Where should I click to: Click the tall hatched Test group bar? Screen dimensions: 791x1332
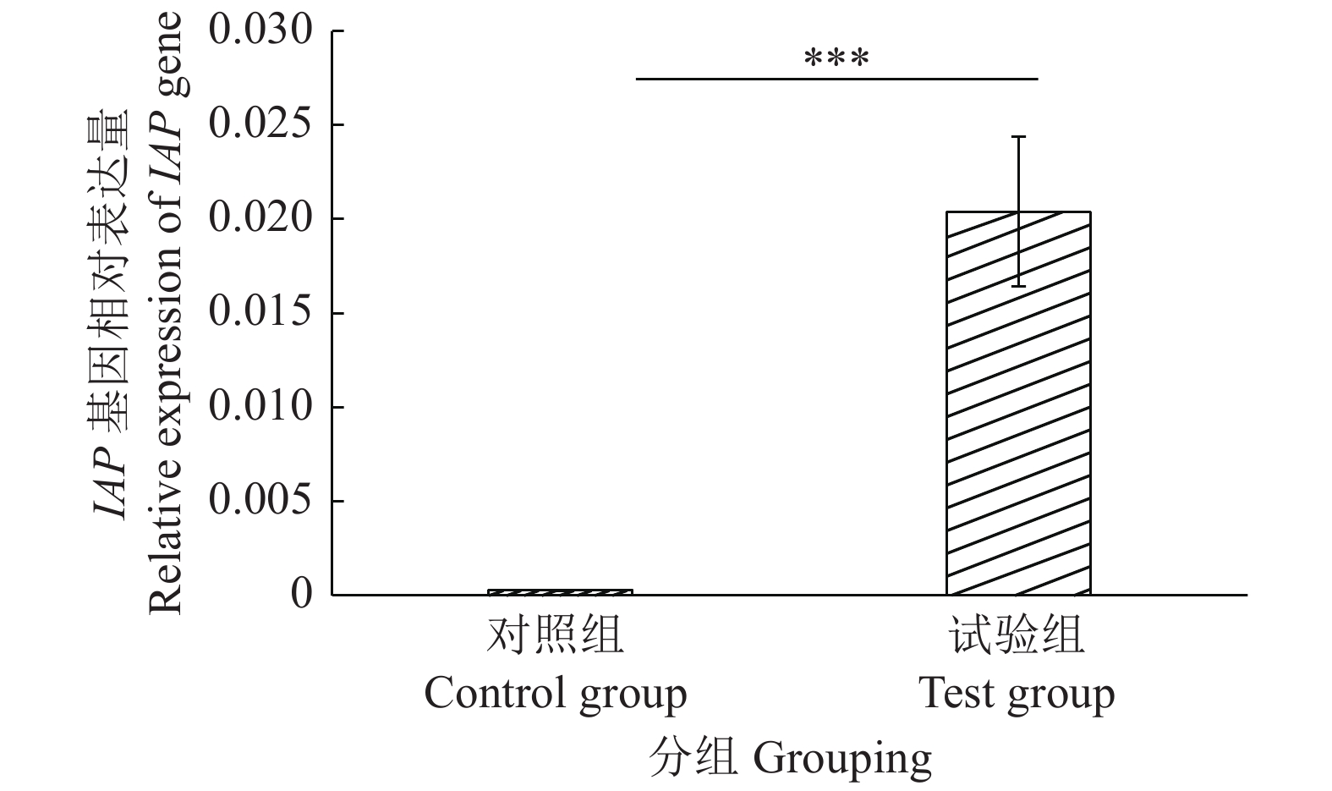(x=1017, y=404)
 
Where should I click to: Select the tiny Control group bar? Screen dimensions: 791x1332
(x=560, y=591)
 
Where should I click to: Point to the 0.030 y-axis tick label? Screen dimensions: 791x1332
(x=260, y=31)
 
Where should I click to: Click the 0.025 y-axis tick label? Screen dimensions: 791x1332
(x=260, y=125)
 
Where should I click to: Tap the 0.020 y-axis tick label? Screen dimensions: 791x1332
(x=260, y=219)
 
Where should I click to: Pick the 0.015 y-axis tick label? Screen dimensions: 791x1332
(x=260, y=313)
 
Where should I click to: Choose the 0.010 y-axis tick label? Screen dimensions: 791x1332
(x=260, y=407)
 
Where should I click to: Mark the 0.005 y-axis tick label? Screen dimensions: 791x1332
(x=260, y=501)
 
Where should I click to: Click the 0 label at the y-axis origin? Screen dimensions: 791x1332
(x=302, y=594)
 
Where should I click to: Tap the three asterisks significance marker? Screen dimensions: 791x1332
(x=836, y=59)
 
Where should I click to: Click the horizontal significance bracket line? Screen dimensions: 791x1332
(x=836, y=79)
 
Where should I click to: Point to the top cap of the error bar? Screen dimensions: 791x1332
(x=1019, y=136)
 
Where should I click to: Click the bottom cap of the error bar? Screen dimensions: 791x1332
(x=1019, y=286)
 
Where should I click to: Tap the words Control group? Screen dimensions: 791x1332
(x=556, y=695)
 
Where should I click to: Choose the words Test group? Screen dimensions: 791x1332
(x=1017, y=695)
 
